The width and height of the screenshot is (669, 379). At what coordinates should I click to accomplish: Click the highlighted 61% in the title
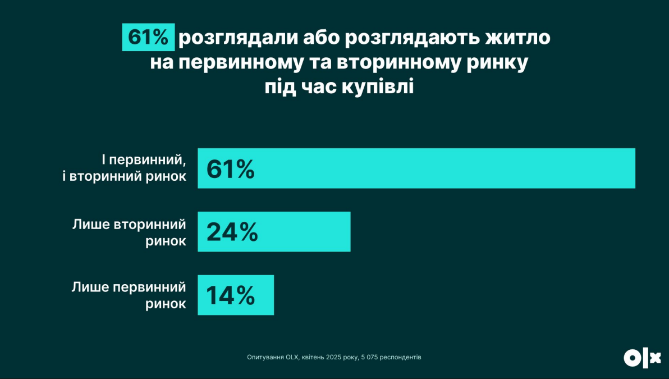click(148, 38)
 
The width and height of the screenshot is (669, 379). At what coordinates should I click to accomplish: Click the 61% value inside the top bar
click(231, 169)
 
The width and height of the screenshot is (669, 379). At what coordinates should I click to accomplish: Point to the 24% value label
click(232, 232)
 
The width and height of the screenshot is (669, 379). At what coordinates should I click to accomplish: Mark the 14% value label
click(231, 295)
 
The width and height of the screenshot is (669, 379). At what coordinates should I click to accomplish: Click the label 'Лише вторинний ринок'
click(130, 232)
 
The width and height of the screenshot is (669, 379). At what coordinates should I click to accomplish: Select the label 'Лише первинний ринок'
click(129, 295)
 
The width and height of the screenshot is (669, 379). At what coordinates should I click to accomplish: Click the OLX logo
click(642, 358)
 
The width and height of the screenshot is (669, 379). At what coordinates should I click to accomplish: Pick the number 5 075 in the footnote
click(368, 357)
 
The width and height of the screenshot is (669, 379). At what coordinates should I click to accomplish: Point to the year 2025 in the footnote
click(334, 357)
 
